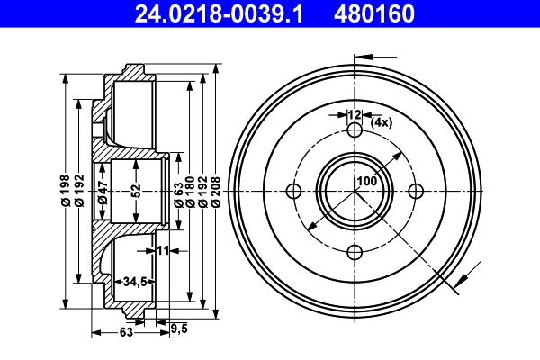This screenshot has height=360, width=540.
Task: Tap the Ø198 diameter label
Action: tap(65, 190)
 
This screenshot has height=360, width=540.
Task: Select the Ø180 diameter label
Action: tap(191, 190)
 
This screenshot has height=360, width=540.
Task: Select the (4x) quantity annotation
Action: tap(380, 121)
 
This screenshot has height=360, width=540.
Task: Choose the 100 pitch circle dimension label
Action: tap(366, 181)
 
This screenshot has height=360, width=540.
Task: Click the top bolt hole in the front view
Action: tap(355, 131)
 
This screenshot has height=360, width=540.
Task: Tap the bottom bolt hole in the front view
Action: tap(355, 251)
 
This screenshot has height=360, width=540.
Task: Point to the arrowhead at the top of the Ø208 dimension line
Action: tap(217, 70)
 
